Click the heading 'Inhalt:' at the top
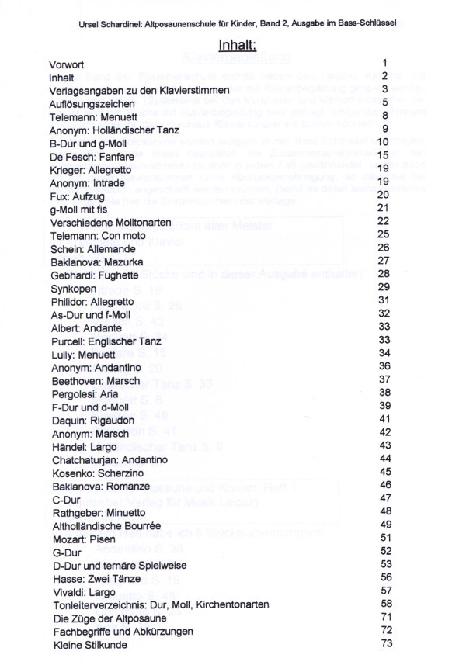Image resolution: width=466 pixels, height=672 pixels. pyautogui.click(x=233, y=45)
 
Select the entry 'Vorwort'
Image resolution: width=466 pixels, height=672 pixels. pyautogui.click(x=68, y=64)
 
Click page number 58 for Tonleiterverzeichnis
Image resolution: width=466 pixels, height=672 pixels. pyautogui.click(x=384, y=603)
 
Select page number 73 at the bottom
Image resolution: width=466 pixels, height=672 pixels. pyautogui.click(x=384, y=643)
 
